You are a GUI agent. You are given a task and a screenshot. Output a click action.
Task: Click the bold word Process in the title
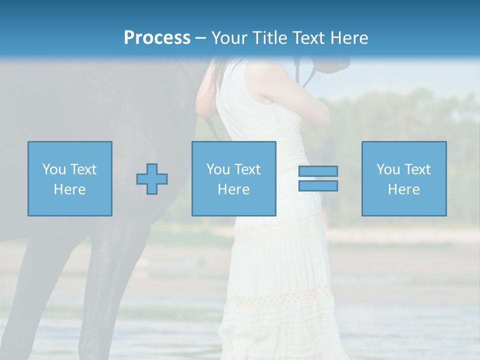pyautogui.click(x=157, y=38)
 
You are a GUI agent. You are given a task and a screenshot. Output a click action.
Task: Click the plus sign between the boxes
pyautogui.click(x=152, y=179)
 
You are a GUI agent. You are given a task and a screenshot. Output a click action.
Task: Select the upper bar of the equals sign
pyautogui.click(x=318, y=171)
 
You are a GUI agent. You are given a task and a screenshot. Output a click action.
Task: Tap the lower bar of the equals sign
pyautogui.click(x=318, y=186)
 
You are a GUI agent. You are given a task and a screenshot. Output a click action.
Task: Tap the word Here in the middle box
pyautogui.click(x=234, y=189)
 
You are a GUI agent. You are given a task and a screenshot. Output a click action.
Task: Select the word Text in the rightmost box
pyautogui.click(x=417, y=169)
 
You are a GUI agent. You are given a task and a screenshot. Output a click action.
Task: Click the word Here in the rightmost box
pyautogui.click(x=404, y=189)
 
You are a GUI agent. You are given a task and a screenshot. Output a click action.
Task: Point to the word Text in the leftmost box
pyautogui.click(x=83, y=169)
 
